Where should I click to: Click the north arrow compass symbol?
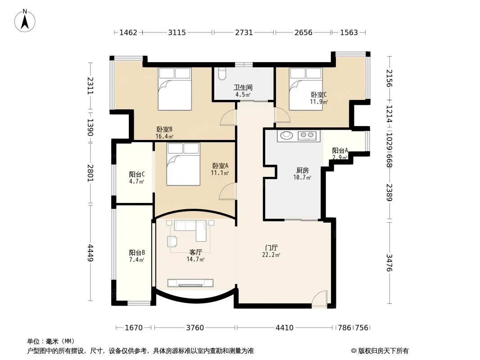pyautogui.click(x=25, y=21)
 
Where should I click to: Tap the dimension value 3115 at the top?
pyautogui.click(x=177, y=32)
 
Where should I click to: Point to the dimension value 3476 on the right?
pyautogui.click(x=389, y=262)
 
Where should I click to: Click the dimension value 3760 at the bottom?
pyautogui.click(x=195, y=328)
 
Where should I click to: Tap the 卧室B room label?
pyautogui.click(x=165, y=130)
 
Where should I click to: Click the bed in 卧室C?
pyautogui.click(x=306, y=89)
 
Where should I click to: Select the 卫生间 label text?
pyautogui.click(x=243, y=87)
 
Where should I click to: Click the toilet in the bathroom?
pyautogui.click(x=222, y=73)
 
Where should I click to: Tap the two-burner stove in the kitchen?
pyautogui.click(x=307, y=135)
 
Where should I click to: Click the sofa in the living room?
pyautogui.click(x=190, y=229)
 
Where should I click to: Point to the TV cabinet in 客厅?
pyautogui.click(x=190, y=283)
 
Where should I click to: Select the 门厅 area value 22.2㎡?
pyautogui.click(x=271, y=255)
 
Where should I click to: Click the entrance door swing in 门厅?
pyautogui.click(x=320, y=299)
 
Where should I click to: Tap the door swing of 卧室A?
pyautogui.click(x=228, y=191)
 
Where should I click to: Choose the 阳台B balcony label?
pyautogui.click(x=137, y=252)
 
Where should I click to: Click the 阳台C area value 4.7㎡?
pyautogui.click(x=136, y=181)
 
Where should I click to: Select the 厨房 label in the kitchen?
pyautogui.click(x=303, y=171)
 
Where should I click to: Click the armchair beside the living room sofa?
pyautogui.click(x=172, y=241)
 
